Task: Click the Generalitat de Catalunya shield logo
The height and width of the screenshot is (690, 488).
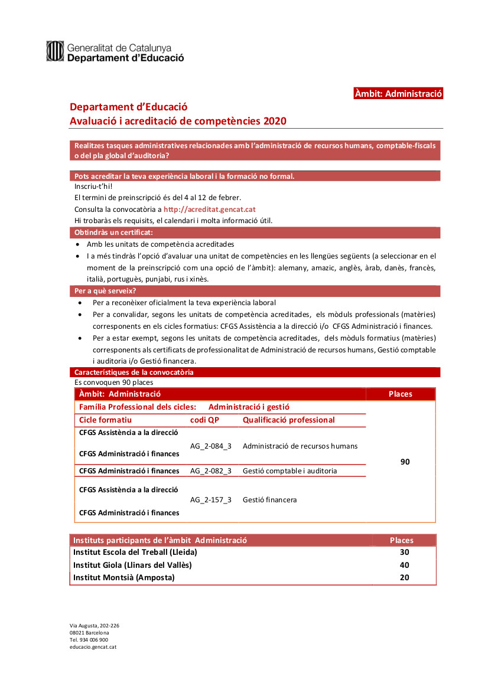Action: coord(55,51)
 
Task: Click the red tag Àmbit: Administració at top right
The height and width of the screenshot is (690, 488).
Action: coord(398,93)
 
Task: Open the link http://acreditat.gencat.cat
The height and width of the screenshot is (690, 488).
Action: coord(210,209)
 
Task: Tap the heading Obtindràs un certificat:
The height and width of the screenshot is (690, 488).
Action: coord(113,233)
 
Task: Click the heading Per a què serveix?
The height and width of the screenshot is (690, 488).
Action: coord(105,291)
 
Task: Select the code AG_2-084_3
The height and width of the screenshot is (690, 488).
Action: coord(211,446)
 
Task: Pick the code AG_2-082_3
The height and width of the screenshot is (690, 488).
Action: coord(211,471)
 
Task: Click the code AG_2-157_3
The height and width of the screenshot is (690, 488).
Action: coord(211,500)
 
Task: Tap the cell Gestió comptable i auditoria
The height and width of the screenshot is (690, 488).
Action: coord(290,471)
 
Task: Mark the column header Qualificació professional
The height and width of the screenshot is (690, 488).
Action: coord(288,420)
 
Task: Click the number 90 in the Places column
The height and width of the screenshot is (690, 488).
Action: coord(405,462)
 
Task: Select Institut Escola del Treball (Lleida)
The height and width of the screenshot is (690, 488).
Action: coord(135,552)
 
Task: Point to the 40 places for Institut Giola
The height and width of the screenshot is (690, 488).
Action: coord(404,565)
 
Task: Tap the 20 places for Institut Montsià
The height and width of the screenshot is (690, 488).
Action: coord(404,577)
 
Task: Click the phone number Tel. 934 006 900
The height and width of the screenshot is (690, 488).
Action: coord(89,640)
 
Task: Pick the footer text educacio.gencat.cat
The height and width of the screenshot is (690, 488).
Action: coord(93,647)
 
